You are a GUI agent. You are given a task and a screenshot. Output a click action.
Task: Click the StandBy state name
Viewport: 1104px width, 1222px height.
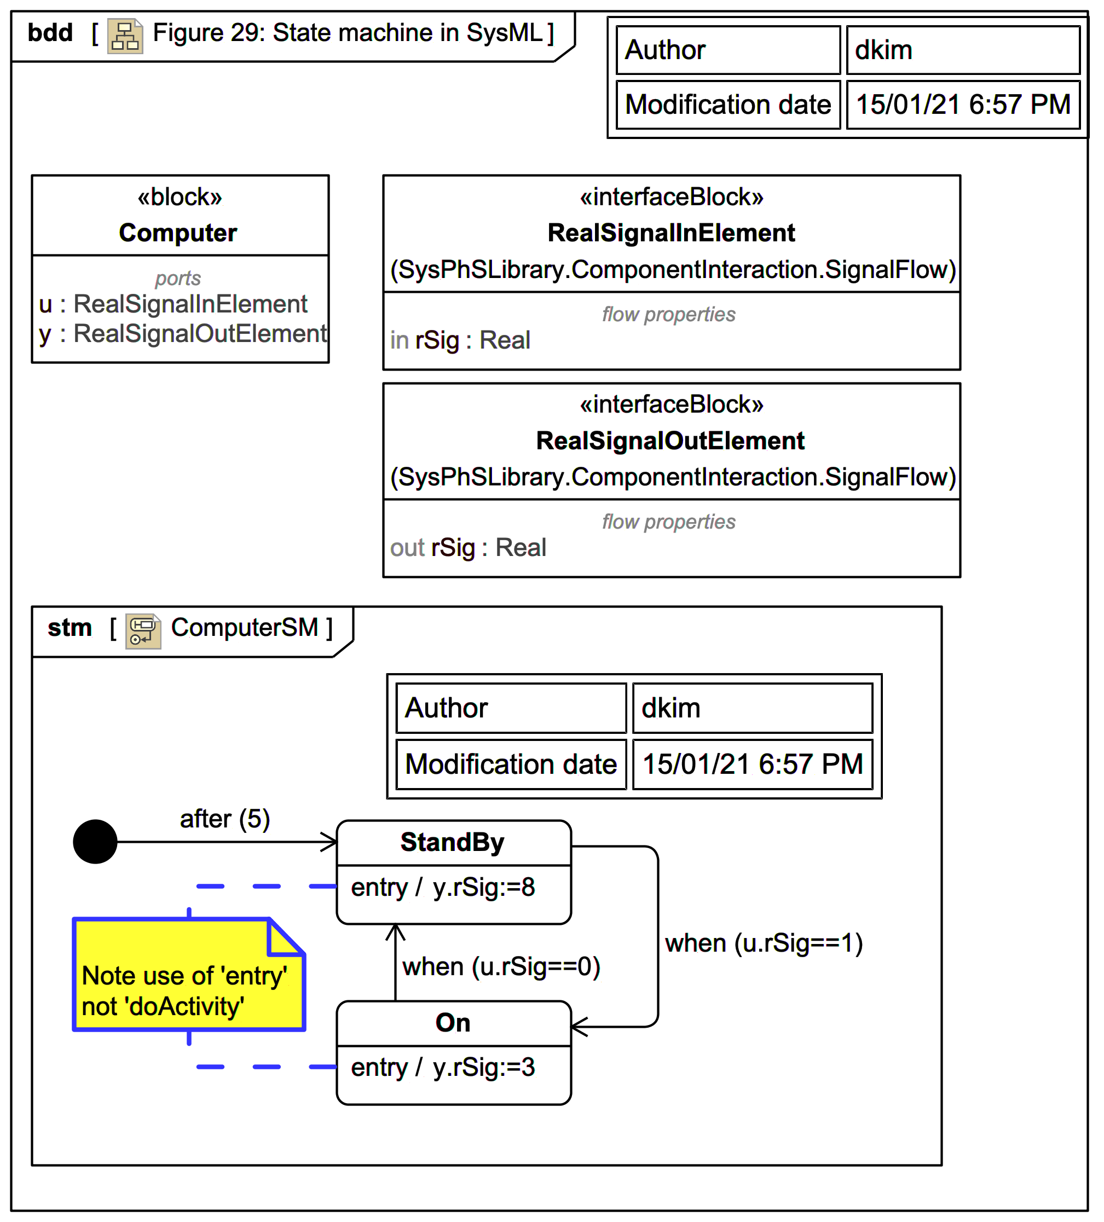tap(452, 842)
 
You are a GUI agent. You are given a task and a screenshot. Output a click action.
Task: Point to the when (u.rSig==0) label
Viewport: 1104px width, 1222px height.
tap(501, 966)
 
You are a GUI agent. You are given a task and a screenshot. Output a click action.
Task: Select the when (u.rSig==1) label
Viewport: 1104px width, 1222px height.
tap(764, 942)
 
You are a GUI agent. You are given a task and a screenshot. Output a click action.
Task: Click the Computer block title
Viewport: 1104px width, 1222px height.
tap(178, 233)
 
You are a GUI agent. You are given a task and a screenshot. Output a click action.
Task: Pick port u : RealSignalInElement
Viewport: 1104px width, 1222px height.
tap(173, 304)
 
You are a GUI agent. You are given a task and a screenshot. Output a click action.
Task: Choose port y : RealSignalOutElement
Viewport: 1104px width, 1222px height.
tap(182, 333)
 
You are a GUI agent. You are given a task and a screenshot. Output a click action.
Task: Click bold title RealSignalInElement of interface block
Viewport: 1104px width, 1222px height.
tap(671, 233)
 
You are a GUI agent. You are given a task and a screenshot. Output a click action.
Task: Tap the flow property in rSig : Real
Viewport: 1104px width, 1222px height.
tap(460, 340)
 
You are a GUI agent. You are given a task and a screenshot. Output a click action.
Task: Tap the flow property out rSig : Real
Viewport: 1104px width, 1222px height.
tap(467, 547)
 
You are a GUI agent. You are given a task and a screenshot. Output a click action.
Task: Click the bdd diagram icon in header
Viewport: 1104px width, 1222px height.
tap(125, 36)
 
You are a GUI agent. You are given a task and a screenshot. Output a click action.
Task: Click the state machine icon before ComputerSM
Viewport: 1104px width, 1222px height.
tap(143, 631)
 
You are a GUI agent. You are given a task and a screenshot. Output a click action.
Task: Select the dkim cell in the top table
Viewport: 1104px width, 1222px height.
tap(962, 50)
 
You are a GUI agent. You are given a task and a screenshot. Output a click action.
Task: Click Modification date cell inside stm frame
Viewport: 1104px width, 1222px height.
tap(511, 764)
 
